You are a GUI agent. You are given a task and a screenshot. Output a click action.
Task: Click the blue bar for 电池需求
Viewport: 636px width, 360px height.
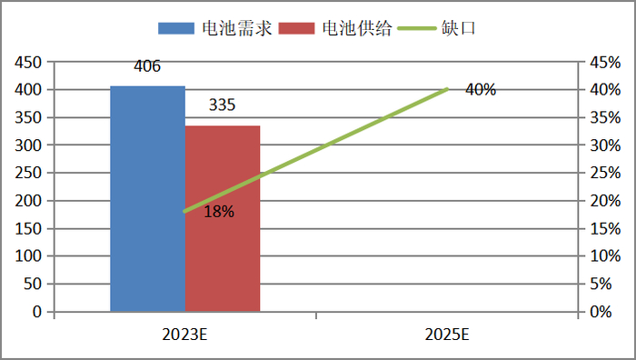point(147,200)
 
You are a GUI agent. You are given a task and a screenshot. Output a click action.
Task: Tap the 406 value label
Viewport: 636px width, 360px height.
point(147,66)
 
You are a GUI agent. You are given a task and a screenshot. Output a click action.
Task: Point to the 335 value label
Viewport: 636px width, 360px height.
point(222,105)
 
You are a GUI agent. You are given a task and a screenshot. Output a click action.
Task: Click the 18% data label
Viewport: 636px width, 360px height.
point(219,212)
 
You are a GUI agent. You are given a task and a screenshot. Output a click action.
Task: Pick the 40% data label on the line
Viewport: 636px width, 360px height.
point(481,90)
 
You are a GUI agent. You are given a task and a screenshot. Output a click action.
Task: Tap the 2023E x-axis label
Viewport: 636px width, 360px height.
point(185,335)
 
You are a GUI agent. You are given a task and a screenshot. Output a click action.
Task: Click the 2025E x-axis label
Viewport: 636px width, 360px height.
point(447,335)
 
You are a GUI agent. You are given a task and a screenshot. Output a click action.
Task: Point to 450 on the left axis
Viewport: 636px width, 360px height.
point(30,62)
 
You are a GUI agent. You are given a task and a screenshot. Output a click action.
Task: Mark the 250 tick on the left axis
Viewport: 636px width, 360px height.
point(30,173)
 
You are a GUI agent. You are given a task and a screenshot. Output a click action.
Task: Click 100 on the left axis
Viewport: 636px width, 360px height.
point(30,256)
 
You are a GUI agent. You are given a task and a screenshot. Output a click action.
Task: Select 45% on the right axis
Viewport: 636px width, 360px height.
point(605,62)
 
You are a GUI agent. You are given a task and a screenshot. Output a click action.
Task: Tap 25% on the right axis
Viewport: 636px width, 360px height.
point(605,173)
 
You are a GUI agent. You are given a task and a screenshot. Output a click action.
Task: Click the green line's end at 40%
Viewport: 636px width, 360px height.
point(447,89)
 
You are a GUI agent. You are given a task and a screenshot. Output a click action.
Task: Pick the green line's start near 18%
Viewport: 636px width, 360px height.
point(184,211)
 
